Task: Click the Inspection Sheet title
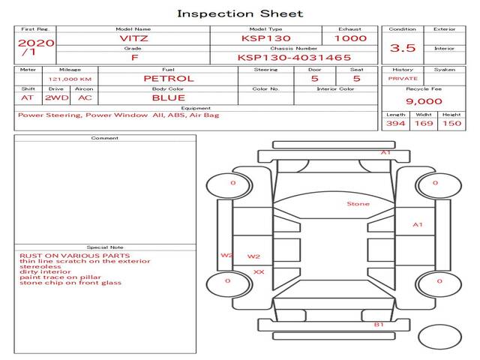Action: click(x=240, y=13)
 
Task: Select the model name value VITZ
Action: click(x=133, y=38)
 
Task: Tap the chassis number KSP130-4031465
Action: click(x=294, y=57)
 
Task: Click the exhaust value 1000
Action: click(x=350, y=38)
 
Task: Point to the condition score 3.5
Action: click(x=403, y=48)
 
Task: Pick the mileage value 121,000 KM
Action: click(x=70, y=79)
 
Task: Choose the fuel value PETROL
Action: click(x=168, y=78)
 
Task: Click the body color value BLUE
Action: click(x=168, y=97)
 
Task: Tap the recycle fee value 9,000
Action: click(x=424, y=101)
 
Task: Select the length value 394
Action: click(x=395, y=123)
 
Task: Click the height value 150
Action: click(x=451, y=123)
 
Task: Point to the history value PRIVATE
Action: click(x=403, y=78)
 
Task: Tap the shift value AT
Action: click(x=28, y=97)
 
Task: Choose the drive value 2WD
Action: click(x=55, y=97)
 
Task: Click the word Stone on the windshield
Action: click(x=358, y=204)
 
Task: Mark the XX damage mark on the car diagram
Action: click(x=259, y=271)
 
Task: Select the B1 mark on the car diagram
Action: click(x=379, y=325)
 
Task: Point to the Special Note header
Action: click(x=105, y=247)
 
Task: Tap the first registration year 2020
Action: click(x=35, y=43)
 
